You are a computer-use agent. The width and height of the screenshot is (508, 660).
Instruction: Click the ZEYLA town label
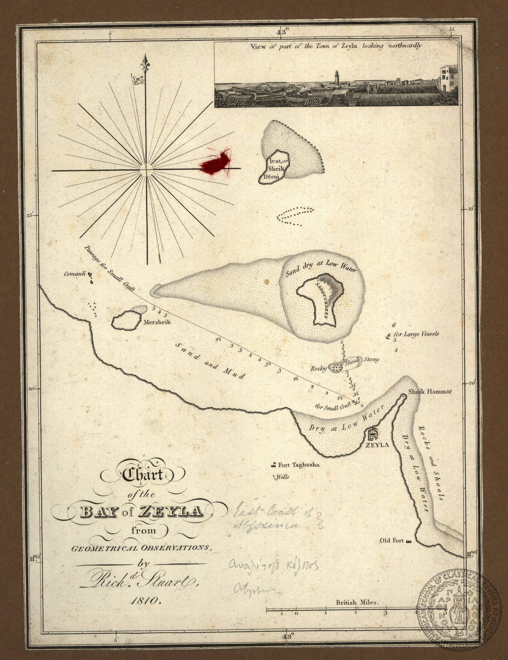click(x=377, y=445)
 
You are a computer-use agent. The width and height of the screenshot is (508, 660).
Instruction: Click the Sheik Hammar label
click(x=430, y=391)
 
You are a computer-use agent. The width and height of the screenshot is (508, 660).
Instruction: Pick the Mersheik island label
click(x=157, y=322)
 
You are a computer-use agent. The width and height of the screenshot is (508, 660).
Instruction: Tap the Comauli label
click(x=75, y=274)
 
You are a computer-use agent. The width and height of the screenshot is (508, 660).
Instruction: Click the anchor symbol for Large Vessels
click(x=388, y=336)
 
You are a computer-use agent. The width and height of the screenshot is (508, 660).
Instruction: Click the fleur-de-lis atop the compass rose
click(x=146, y=63)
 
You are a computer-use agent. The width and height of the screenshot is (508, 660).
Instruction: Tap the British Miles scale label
click(x=356, y=602)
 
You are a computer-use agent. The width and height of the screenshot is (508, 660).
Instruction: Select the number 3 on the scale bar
click(x=385, y=613)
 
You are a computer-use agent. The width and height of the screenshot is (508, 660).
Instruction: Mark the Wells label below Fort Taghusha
click(x=282, y=477)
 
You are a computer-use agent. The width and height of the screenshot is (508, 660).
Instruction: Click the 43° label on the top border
click(x=282, y=32)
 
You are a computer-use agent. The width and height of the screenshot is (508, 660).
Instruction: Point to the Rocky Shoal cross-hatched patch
click(x=336, y=367)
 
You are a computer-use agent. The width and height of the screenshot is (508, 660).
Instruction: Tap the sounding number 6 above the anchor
click(x=394, y=325)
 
